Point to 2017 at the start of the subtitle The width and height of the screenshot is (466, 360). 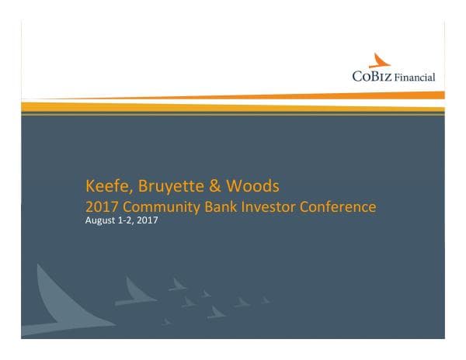101,207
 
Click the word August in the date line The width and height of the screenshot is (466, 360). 100,221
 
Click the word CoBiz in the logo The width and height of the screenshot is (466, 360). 370,76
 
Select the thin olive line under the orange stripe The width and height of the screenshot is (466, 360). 233,113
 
